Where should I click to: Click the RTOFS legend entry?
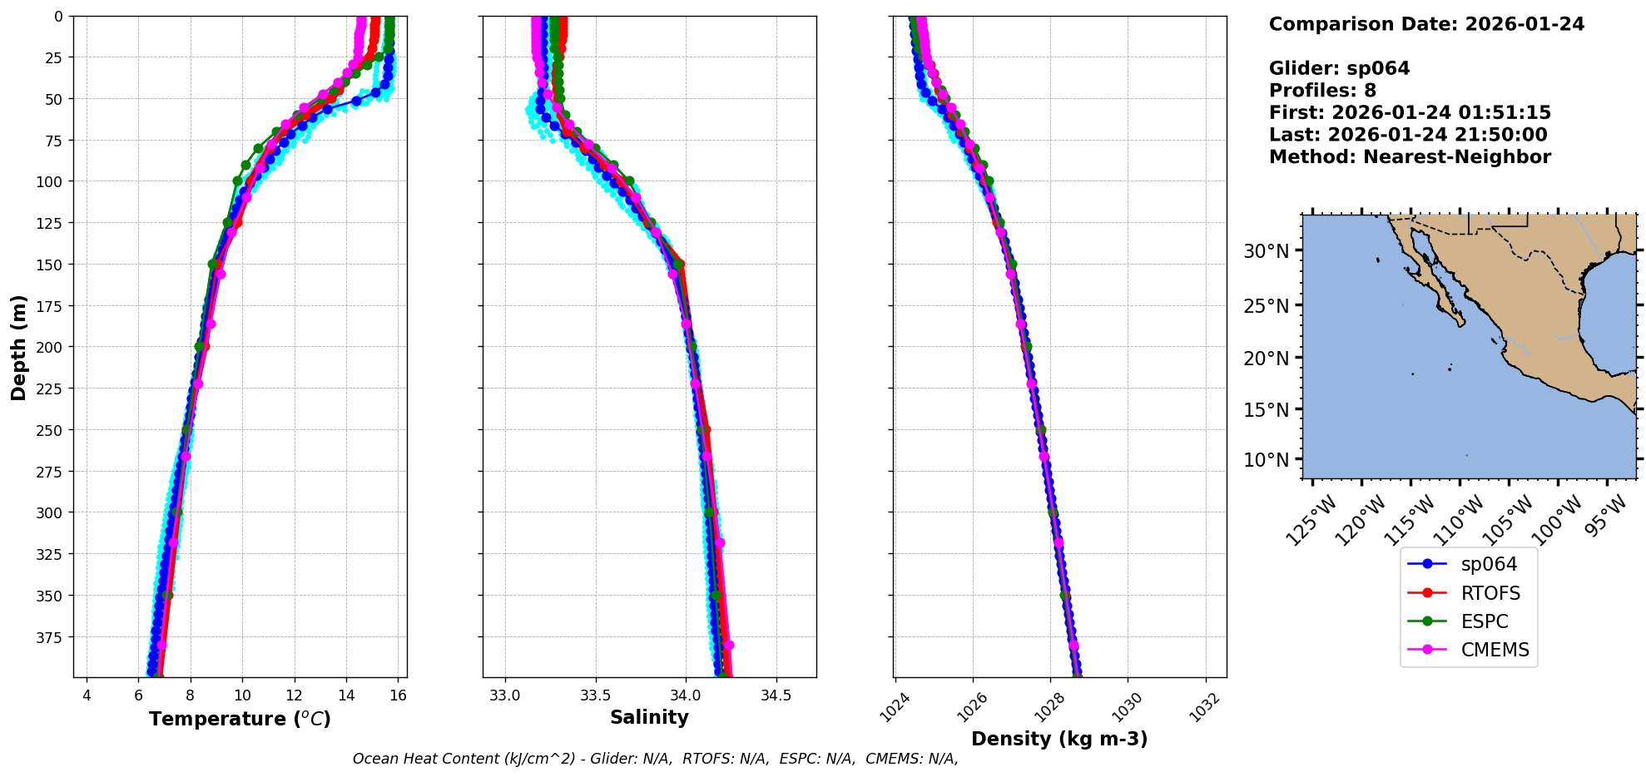coord(1490,593)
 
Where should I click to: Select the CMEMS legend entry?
coord(1495,650)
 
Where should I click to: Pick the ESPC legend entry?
coord(1484,621)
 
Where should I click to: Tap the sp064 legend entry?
coord(1489,564)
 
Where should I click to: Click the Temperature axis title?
coord(240,719)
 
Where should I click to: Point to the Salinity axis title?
coord(649,717)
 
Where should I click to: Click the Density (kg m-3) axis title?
coord(1059,739)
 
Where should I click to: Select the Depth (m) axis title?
coord(18,347)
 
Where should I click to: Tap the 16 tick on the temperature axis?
coord(398,695)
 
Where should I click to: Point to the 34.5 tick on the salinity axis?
coord(776,695)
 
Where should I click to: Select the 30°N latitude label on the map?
coord(1267,251)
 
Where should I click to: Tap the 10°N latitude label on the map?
coord(1267,460)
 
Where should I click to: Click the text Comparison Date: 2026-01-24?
coord(1426,24)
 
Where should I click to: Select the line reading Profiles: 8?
coord(1322,91)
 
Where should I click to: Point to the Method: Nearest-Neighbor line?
coord(1410,157)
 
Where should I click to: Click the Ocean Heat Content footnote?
coord(655,759)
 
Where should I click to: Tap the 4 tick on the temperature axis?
coord(87,695)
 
